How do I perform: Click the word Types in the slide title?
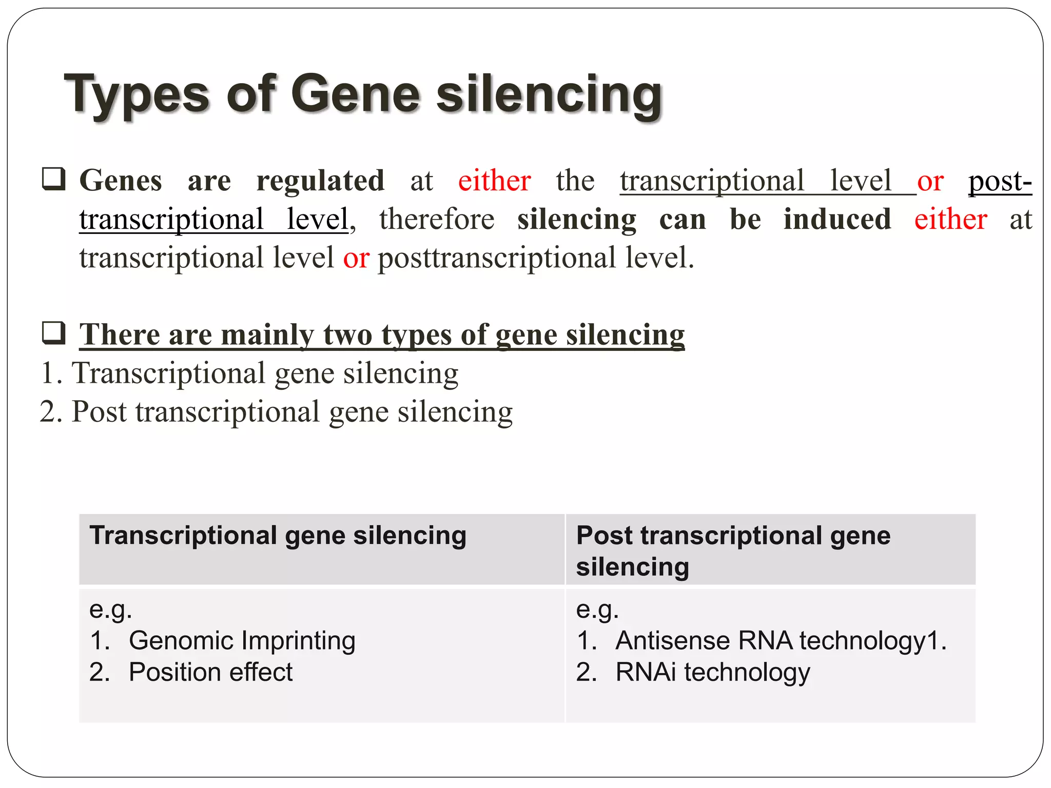(137, 95)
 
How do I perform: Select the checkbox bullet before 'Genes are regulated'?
(53, 179)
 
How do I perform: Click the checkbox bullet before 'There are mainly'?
(53, 333)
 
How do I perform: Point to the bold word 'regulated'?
(320, 181)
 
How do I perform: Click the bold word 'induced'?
(837, 220)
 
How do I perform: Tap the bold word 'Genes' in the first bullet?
(121, 181)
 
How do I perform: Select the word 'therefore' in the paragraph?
(437, 220)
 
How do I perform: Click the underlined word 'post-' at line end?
(1000, 182)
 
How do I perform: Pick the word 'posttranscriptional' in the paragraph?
(496, 258)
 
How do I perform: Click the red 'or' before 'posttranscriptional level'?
(356, 258)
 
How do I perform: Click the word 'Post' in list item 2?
(99, 411)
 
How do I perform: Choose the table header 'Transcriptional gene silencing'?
(278, 536)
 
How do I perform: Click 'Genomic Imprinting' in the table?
(242, 641)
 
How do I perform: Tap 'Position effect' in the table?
(210, 672)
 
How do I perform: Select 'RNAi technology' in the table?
(712, 672)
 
